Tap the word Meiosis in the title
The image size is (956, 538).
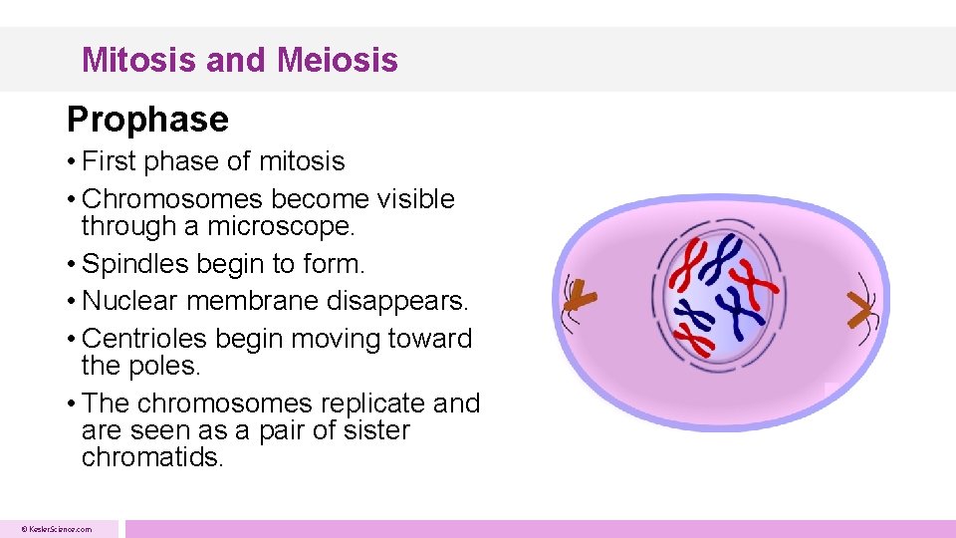pyautogui.click(x=338, y=60)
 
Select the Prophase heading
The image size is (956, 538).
pyautogui.click(x=147, y=120)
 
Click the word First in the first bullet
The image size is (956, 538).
pyautogui.click(x=107, y=161)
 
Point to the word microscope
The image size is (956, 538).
pyautogui.click(x=280, y=226)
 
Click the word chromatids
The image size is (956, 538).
pyautogui.click(x=151, y=457)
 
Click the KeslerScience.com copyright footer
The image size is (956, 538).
pyautogui.click(x=58, y=529)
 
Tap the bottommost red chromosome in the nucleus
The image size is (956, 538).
pyautogui.click(x=694, y=340)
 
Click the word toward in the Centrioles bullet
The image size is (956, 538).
pyautogui.click(x=431, y=339)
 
